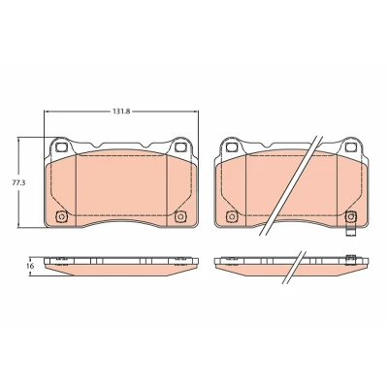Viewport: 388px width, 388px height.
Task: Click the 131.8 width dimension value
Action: click(121, 112)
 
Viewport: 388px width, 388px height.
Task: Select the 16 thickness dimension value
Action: click(30, 266)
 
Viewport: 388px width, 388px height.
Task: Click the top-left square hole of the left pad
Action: click(61, 147)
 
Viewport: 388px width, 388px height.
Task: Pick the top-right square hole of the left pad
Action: click(179, 147)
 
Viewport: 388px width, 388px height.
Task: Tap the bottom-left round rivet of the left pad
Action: click(61, 217)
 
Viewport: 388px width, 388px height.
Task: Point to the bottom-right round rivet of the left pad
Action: click(179, 217)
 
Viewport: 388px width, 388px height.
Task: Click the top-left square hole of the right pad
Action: click(231, 147)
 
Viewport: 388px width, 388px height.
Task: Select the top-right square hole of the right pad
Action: click(349, 147)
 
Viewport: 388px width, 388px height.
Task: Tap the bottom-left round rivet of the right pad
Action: click(231, 217)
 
